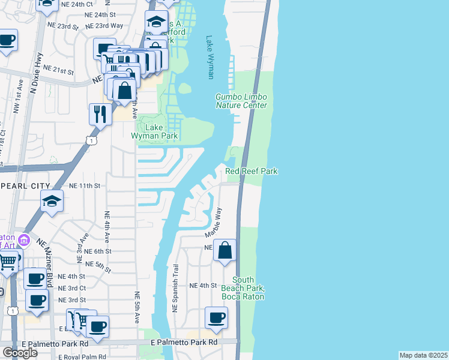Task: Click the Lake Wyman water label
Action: click(x=210, y=58)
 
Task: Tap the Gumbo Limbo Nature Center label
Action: click(x=241, y=101)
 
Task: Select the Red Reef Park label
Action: click(x=252, y=172)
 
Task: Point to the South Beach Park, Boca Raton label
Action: click(x=243, y=288)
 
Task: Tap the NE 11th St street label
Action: click(x=85, y=186)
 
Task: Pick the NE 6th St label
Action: click(x=98, y=251)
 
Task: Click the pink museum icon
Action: click(x=24, y=241)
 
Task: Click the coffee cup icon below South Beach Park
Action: click(x=216, y=318)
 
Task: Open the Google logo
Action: click(x=20, y=353)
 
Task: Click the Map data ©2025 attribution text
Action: click(x=424, y=355)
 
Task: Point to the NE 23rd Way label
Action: click(x=104, y=26)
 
